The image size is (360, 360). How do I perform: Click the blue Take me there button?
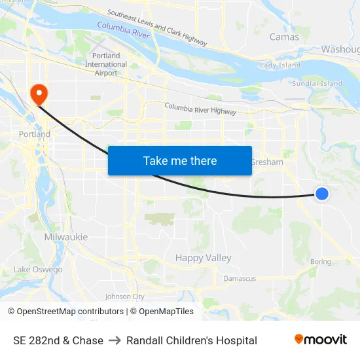(180, 160)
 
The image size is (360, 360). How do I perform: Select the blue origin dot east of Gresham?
(321, 193)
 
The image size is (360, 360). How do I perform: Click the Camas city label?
(284, 37)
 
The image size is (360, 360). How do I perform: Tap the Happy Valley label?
(203, 258)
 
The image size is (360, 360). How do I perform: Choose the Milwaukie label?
(65, 237)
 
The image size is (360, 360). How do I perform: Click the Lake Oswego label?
(38, 270)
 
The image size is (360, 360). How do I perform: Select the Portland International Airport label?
(106, 64)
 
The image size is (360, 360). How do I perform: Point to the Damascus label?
(240, 278)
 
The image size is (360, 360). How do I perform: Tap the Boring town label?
(321, 262)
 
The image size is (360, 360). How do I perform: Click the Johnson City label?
(124, 297)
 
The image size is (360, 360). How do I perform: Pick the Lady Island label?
(280, 65)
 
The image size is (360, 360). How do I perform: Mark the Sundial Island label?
(317, 84)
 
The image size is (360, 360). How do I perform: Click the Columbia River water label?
(123, 29)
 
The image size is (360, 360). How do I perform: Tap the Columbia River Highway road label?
(200, 109)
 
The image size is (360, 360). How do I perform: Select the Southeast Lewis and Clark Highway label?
(157, 28)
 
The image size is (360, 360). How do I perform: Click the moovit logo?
(321, 340)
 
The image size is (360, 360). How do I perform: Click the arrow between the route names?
(115, 340)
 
